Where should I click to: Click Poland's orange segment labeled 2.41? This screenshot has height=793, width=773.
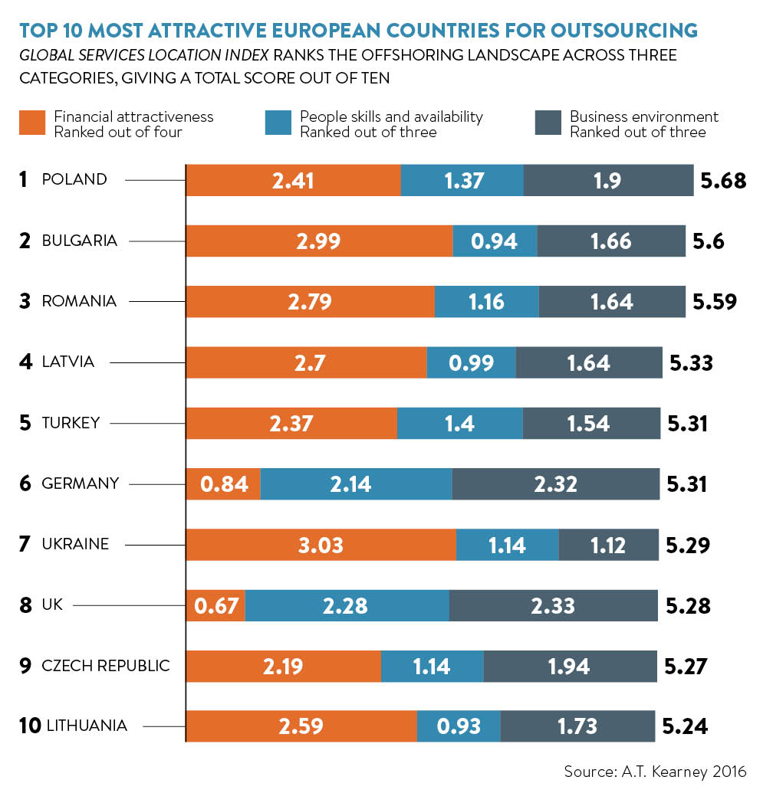coord(294,180)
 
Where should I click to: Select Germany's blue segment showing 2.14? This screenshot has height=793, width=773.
coord(357,483)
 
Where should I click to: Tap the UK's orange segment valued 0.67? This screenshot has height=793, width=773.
coord(215,605)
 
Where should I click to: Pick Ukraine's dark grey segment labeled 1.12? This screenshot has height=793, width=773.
coord(608,545)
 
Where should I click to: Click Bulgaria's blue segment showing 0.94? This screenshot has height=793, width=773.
coord(495,241)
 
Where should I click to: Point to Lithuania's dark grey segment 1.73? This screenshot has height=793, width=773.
coord(577,726)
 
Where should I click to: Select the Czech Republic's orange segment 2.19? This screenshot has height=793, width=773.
coord(284,666)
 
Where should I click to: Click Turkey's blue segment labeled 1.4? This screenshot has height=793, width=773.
coord(460,423)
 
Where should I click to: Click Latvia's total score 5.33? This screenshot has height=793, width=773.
coord(691,362)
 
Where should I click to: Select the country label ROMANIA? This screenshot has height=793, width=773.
coord(79,301)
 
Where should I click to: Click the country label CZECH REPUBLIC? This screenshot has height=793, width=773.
coord(106,666)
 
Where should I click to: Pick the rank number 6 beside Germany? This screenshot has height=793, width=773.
coord(25,483)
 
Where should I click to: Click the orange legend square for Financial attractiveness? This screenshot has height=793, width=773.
coord(32,123)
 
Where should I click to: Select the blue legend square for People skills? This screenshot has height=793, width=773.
coord(278,123)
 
